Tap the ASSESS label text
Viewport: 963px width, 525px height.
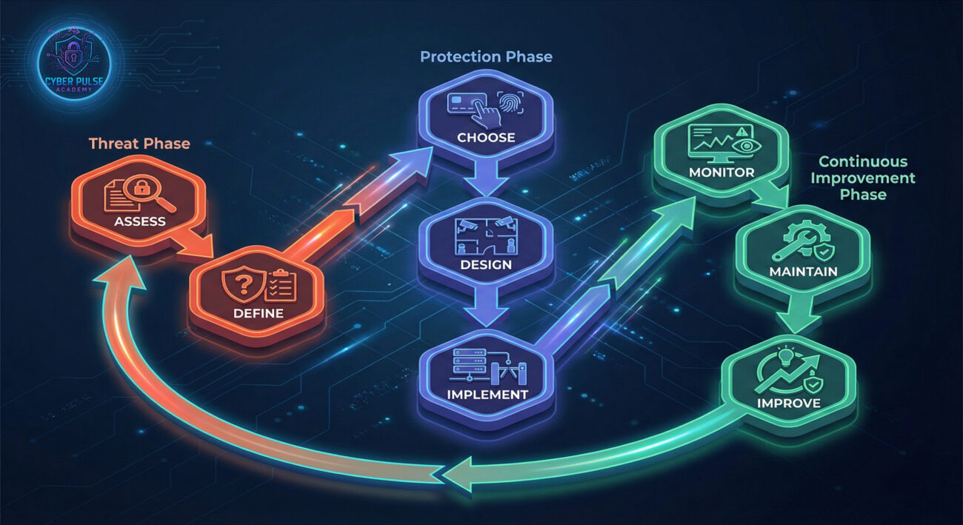point(140,221)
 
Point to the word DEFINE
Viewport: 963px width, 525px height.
point(258,312)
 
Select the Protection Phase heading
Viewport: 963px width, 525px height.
point(486,57)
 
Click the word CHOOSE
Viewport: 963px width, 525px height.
point(486,137)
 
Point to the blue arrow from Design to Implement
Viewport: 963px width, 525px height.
point(486,310)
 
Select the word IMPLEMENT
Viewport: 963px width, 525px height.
point(487,394)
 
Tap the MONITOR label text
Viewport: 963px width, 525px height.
point(721,173)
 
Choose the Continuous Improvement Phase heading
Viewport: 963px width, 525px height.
point(867,178)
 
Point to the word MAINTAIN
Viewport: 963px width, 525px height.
point(803,271)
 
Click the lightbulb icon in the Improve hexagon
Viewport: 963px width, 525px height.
point(783,357)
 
